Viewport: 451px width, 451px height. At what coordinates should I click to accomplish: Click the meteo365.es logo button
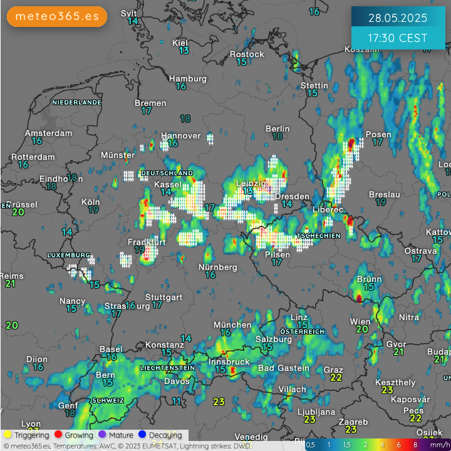click(x=57, y=16)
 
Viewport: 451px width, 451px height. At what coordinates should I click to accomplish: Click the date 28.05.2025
click(x=398, y=17)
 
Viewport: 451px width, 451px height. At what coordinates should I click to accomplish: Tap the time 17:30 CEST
click(x=398, y=38)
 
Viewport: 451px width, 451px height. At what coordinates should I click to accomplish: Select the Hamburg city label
click(x=187, y=79)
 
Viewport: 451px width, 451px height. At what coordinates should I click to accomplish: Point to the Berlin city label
click(x=277, y=128)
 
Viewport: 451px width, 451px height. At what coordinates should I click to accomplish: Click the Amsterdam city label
click(x=48, y=133)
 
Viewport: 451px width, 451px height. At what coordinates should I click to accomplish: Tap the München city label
click(x=232, y=324)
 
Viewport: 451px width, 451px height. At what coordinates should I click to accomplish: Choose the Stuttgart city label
click(x=163, y=297)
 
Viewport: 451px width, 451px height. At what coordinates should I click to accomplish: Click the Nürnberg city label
click(x=217, y=267)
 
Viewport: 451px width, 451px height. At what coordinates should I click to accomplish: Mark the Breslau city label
click(x=385, y=194)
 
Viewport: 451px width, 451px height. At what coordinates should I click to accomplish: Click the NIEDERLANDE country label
click(x=76, y=102)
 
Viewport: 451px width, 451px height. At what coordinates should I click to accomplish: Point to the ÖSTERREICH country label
click(x=302, y=331)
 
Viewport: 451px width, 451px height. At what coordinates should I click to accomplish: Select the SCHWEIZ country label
click(x=108, y=400)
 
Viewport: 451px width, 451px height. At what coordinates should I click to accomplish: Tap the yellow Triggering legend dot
click(x=8, y=435)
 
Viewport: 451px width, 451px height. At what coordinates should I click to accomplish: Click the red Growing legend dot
click(x=58, y=435)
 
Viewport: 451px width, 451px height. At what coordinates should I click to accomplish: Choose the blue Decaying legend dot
click(x=142, y=435)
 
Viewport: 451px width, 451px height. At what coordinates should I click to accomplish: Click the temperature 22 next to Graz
click(x=336, y=377)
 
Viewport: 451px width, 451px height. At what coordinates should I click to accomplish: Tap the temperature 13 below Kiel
click(x=184, y=51)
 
